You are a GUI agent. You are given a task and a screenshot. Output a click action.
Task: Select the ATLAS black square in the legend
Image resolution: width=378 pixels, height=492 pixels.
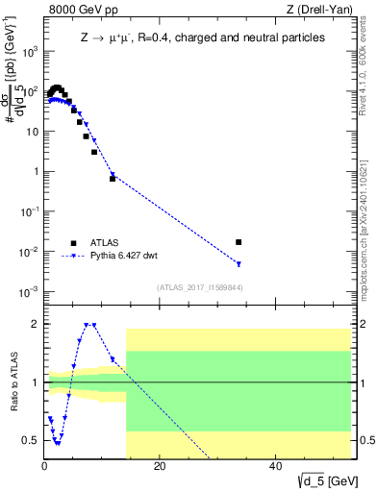coord(73,243)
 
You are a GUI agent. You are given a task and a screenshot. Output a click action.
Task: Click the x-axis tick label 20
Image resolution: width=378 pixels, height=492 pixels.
coord(160,468)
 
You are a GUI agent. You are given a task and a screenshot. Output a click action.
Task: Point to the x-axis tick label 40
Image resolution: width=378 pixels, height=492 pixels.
coord(275,468)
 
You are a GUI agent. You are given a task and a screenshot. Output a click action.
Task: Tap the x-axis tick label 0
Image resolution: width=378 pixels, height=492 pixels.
coord(44,468)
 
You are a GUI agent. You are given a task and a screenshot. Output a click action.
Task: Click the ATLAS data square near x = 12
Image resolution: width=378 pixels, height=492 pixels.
coord(113,179)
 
